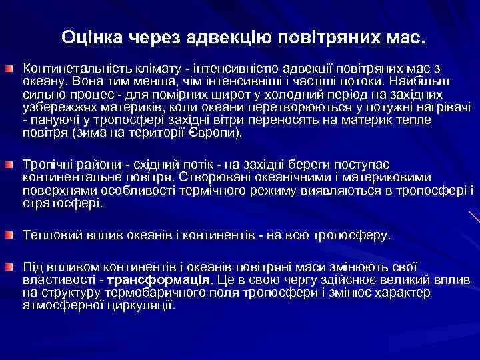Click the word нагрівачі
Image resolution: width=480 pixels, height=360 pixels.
tap(439, 107)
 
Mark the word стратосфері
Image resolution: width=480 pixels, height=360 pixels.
tap(62, 203)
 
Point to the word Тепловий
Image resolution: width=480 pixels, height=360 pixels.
tap(49, 235)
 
